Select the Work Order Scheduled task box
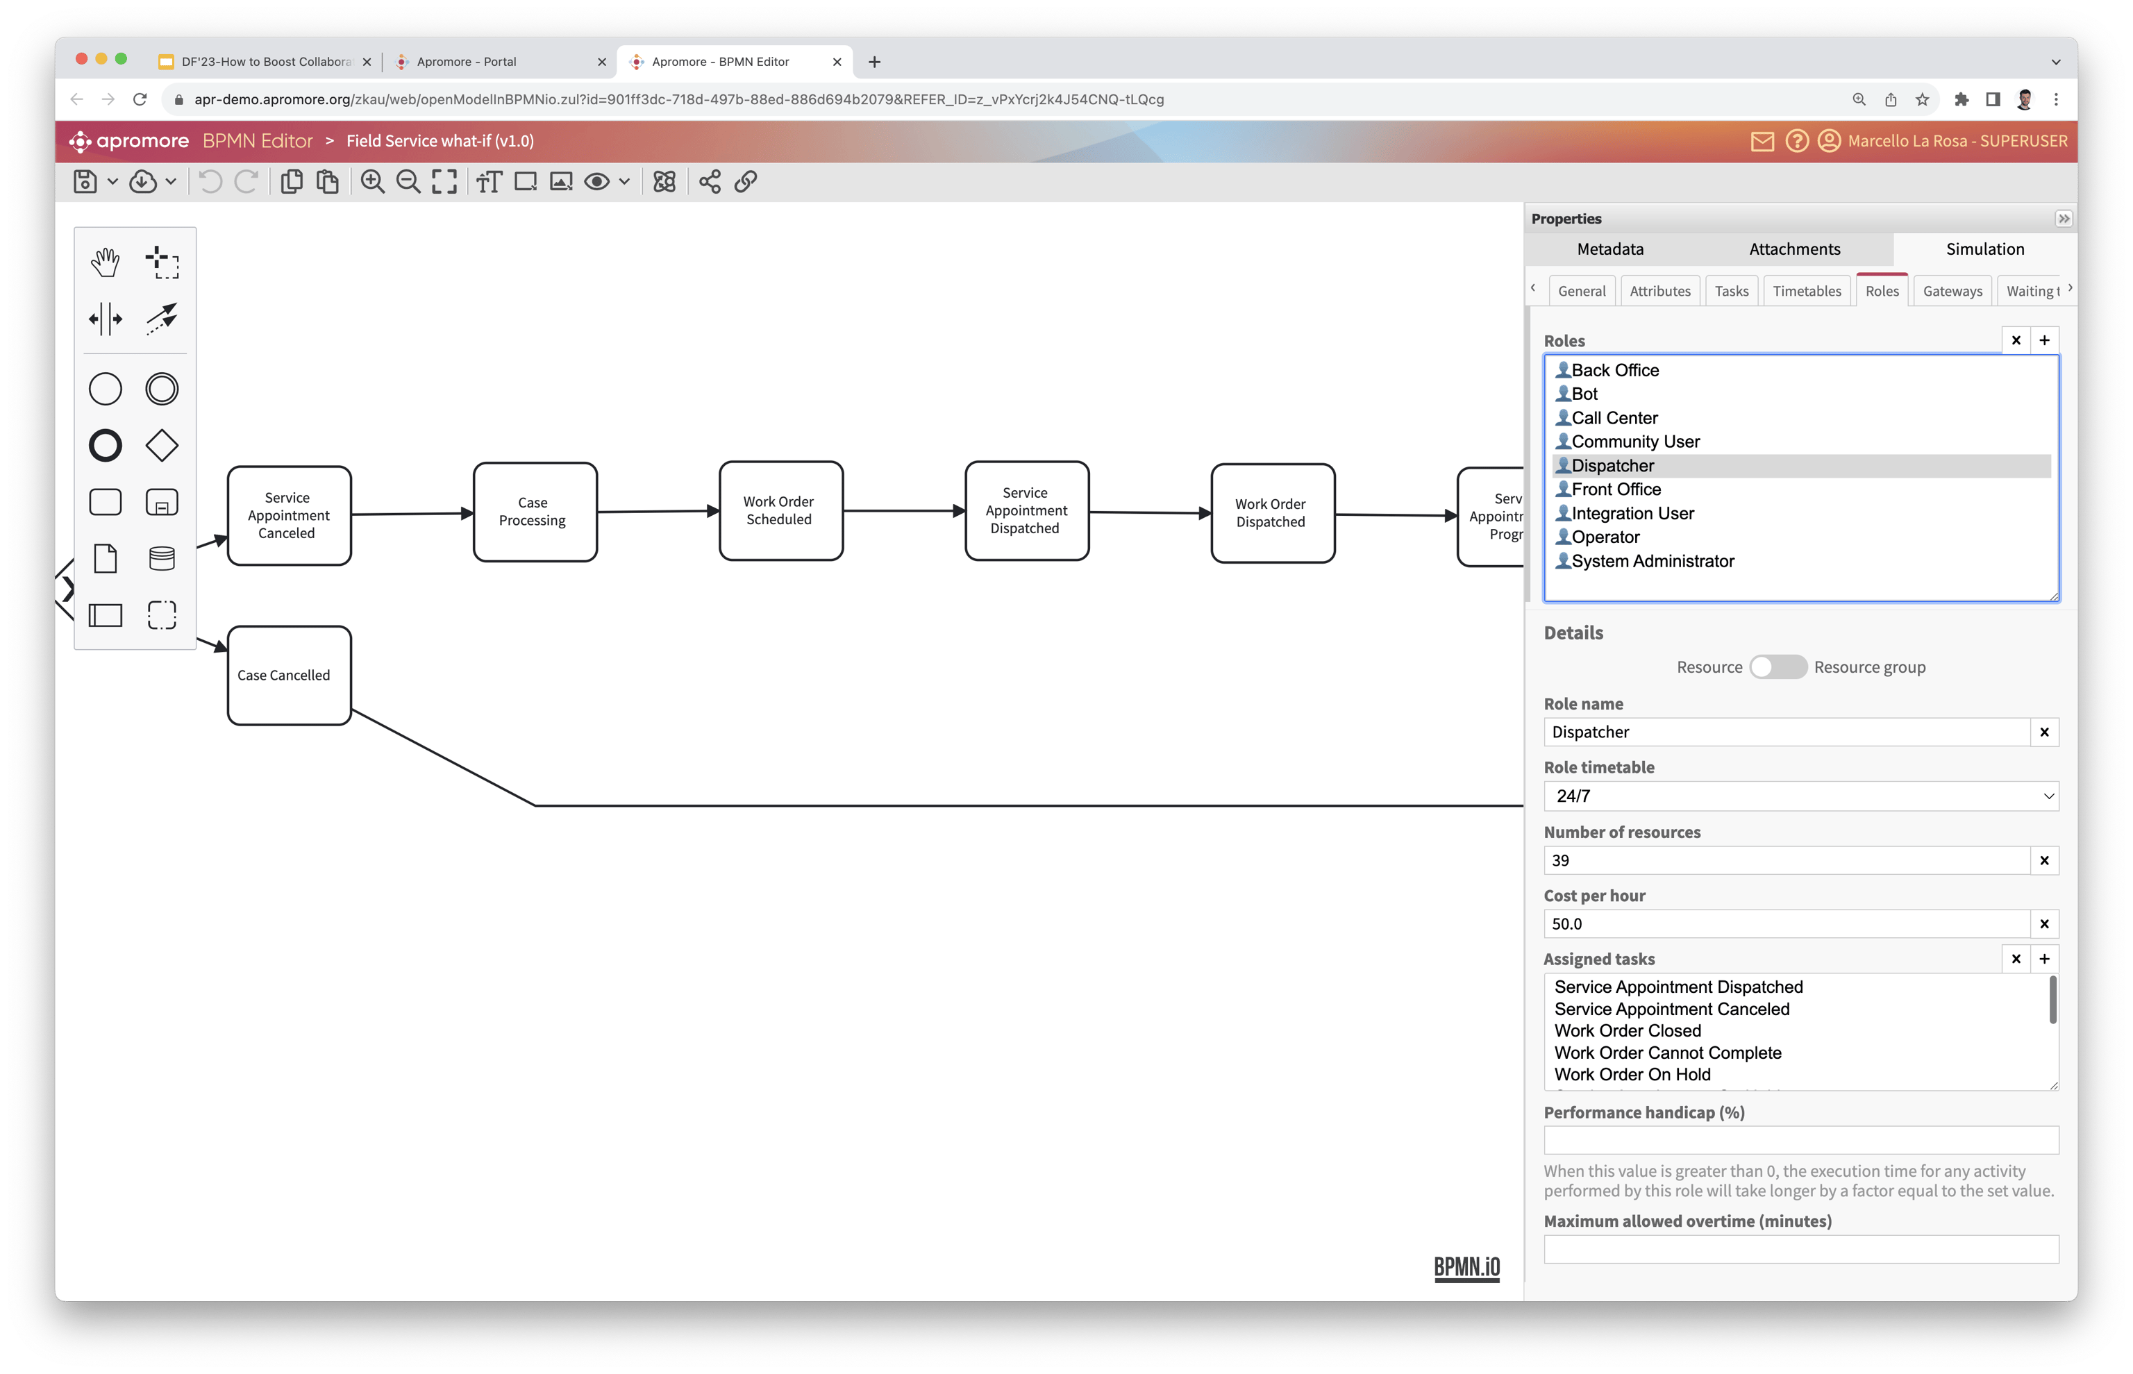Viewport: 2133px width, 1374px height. click(780, 510)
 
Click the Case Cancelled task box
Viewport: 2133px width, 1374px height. click(288, 676)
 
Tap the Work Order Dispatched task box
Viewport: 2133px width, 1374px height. click(1272, 513)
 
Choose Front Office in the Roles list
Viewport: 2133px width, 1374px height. click(1616, 489)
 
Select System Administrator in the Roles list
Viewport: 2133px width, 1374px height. click(1652, 561)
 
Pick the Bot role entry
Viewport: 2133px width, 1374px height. click(1584, 394)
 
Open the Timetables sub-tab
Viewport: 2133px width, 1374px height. click(1807, 291)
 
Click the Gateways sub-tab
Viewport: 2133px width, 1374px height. click(1952, 291)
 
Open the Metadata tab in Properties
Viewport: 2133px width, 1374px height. click(1609, 249)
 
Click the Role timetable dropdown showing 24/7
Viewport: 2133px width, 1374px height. click(1800, 796)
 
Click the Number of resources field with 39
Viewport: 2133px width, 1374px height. click(1786, 860)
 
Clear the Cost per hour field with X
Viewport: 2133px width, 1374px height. click(2044, 923)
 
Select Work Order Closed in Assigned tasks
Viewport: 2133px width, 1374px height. click(1628, 1030)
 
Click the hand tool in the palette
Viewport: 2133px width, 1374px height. click(106, 262)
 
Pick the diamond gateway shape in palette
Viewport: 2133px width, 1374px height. click(162, 445)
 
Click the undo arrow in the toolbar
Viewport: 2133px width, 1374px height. click(210, 182)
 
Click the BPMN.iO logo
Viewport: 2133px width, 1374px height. click(1466, 1267)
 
